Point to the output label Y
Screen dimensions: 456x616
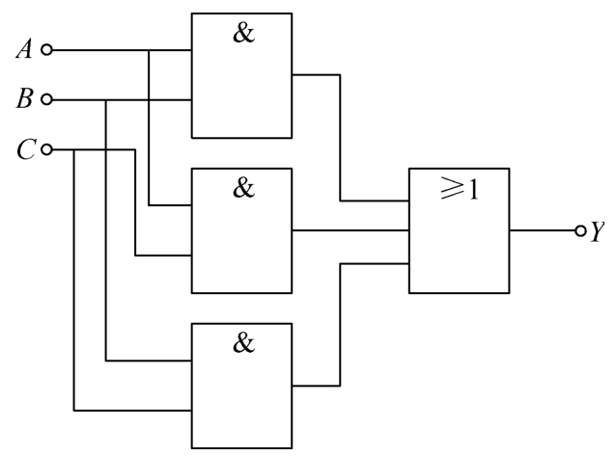point(599,231)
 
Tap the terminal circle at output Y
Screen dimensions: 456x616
point(580,231)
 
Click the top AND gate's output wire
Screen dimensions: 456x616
point(340,135)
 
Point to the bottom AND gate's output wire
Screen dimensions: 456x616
point(340,328)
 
